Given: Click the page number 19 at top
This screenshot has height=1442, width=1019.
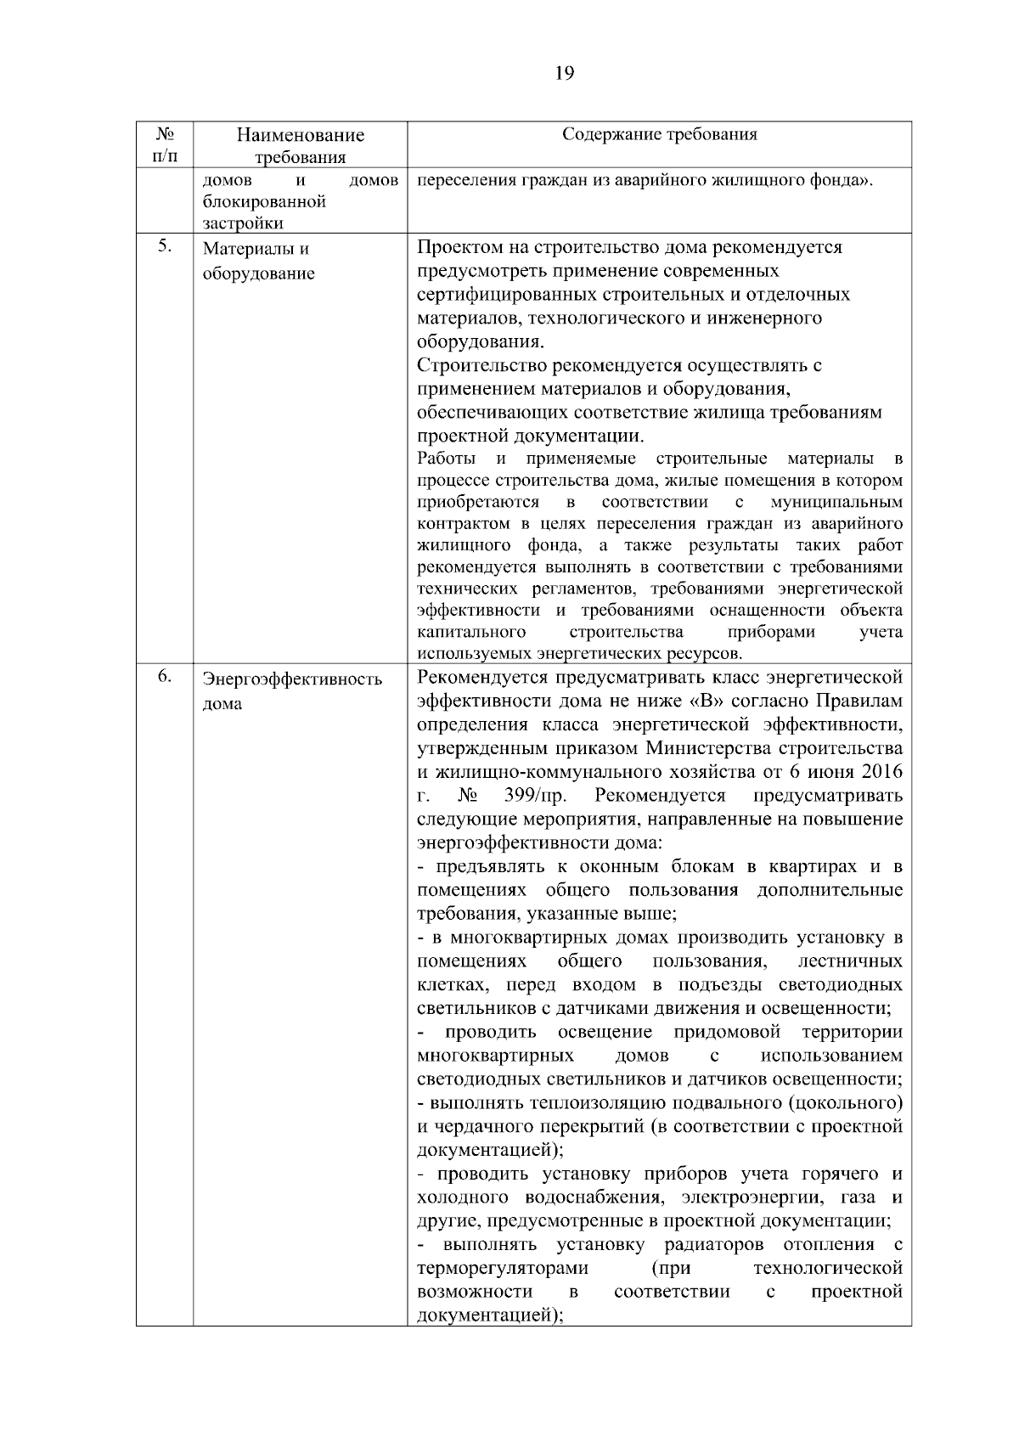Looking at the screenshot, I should tap(564, 73).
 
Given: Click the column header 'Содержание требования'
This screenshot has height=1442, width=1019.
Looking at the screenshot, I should tap(660, 135).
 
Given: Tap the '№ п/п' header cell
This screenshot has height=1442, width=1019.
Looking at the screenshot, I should tap(165, 144).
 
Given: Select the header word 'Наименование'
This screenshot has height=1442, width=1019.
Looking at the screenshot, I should tap(300, 135).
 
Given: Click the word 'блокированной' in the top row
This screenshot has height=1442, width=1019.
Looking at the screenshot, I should tap(265, 202).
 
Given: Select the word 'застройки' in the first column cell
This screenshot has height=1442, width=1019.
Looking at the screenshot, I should tap(243, 223).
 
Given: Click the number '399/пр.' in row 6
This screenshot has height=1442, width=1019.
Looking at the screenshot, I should tap(535, 796).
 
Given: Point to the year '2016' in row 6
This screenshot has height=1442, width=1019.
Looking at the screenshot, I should tap(881, 772).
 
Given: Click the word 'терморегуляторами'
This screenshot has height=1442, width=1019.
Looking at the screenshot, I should tap(503, 1268).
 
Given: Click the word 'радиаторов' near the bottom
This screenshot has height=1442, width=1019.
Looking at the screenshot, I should tap(715, 1244).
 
